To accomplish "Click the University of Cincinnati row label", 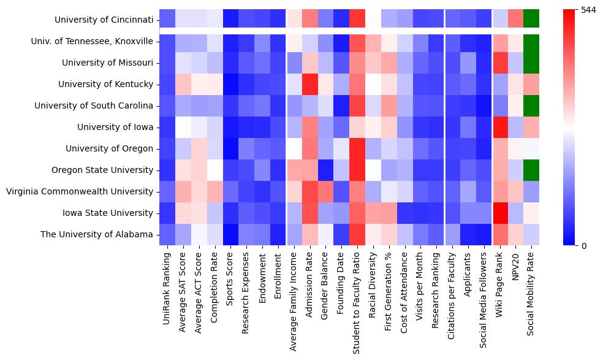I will coord(104,20).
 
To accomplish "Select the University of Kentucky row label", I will coord(105,84).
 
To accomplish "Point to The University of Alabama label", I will coord(97,234).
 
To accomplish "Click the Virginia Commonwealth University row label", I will coord(80,191).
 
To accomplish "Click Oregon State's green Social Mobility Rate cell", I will coord(531,170).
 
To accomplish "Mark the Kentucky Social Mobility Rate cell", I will coord(531,84).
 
